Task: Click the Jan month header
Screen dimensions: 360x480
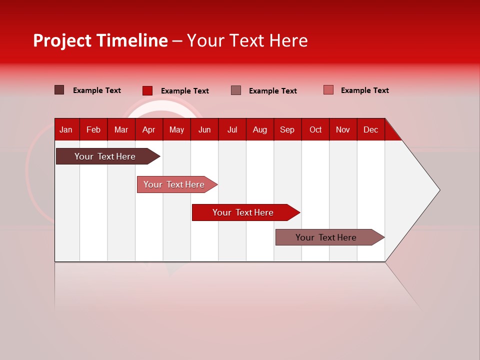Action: coord(66,129)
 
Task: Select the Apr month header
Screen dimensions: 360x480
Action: coord(148,129)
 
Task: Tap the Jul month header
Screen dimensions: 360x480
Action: coord(232,129)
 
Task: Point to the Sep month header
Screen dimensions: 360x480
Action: coord(287,129)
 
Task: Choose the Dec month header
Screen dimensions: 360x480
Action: coord(370,129)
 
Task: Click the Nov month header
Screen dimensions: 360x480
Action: coord(342,129)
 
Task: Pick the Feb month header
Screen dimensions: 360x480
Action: coord(93,129)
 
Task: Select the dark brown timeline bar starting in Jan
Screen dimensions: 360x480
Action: coord(105,156)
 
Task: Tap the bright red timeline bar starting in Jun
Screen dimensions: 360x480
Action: coord(243,212)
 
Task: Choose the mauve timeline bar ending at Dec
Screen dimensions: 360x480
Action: coord(326,237)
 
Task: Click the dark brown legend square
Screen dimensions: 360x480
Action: coord(59,90)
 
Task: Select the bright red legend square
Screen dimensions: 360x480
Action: coord(147,90)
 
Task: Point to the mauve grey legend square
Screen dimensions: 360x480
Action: coord(236,90)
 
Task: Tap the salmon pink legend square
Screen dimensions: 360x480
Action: coord(328,90)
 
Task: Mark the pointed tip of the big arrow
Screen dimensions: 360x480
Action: coord(438,190)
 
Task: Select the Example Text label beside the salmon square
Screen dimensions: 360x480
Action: coord(364,90)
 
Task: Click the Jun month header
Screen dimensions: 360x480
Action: coord(204,129)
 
